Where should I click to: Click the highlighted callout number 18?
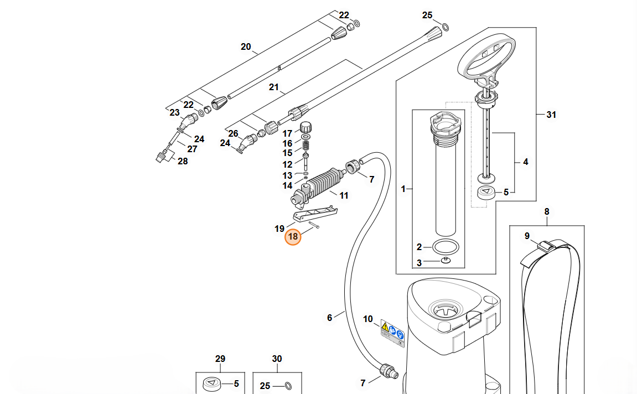[x=293, y=237]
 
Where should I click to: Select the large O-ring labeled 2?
[x=446, y=247]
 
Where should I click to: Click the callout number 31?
[x=551, y=115]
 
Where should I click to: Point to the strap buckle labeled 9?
[x=547, y=246]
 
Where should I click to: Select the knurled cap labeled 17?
[x=306, y=127]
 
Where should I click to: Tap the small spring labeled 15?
[x=306, y=144]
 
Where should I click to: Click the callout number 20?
[x=246, y=46]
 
